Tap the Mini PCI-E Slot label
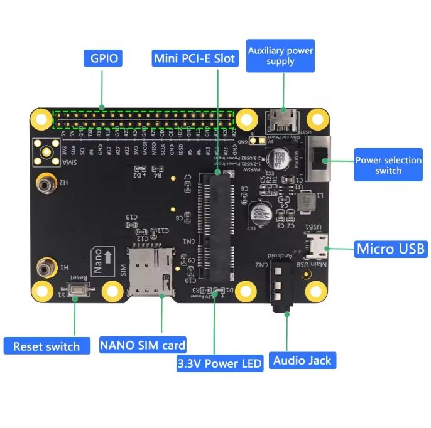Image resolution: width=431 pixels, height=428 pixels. coord(195,58)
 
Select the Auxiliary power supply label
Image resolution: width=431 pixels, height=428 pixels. coord(280,55)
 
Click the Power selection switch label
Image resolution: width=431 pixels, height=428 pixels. coord(388,164)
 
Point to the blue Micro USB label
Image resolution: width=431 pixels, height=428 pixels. coord(391,249)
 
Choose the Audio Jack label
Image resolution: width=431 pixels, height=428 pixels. coord(302,360)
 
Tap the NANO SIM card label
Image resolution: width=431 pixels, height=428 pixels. coord(143,345)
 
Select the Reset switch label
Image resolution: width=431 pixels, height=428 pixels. coord(46,346)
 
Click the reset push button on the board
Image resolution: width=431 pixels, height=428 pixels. coord(79,291)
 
